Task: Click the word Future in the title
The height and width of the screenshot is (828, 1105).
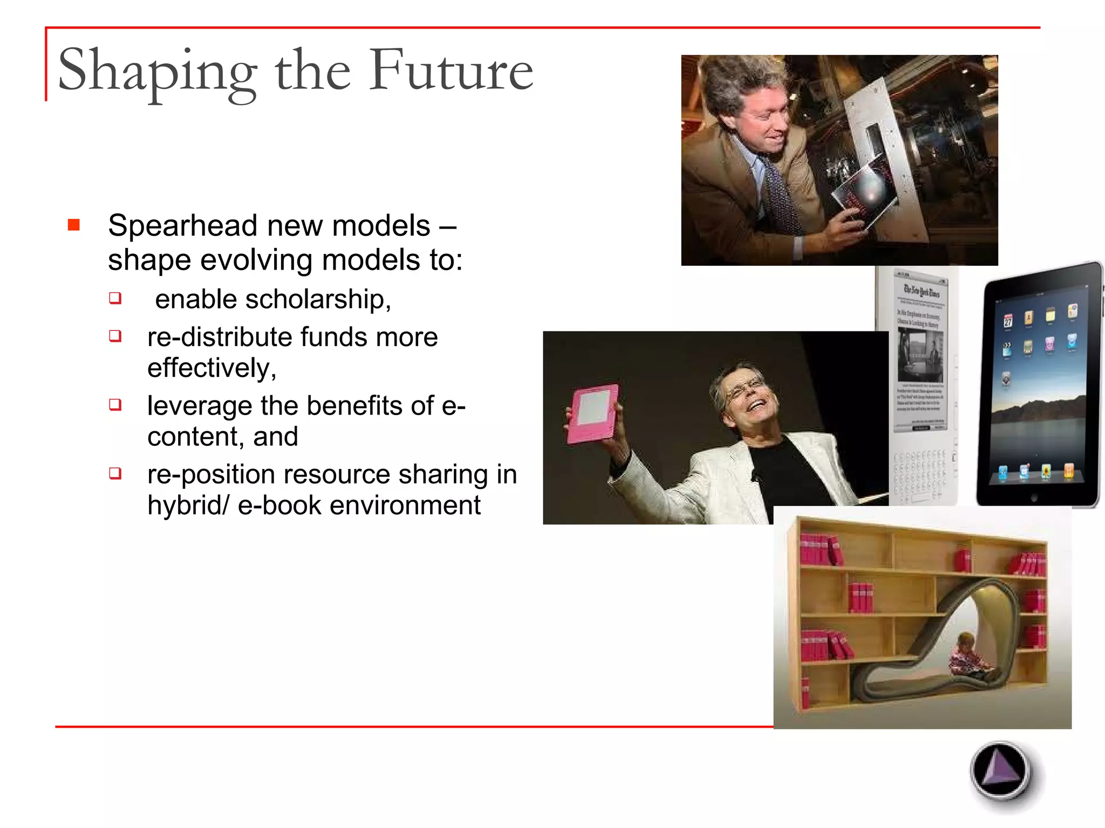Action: click(x=451, y=70)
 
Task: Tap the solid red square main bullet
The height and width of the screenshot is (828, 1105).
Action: click(x=74, y=224)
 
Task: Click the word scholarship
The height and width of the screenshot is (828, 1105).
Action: click(x=317, y=299)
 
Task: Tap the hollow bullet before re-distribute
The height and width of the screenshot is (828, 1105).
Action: click(x=115, y=336)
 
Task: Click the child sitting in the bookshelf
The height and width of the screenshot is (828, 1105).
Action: click(x=968, y=657)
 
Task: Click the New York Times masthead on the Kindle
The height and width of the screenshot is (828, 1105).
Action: click(x=922, y=291)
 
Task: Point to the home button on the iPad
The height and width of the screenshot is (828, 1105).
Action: click(x=1034, y=498)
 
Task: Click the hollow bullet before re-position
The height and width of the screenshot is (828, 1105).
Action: click(x=115, y=473)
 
